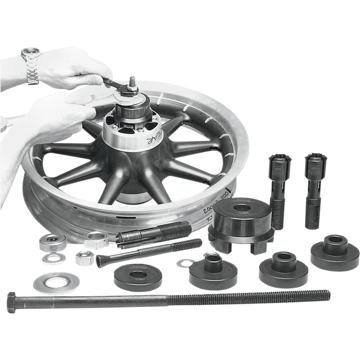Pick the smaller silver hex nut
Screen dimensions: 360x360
[83, 257]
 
